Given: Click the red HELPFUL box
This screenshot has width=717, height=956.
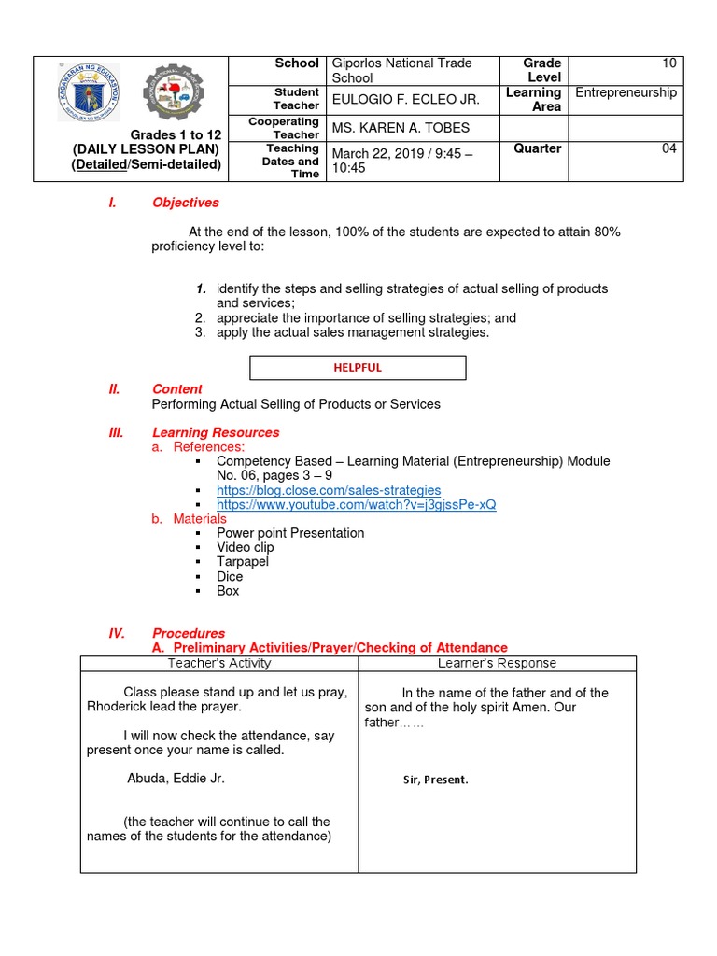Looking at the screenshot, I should [x=358, y=367].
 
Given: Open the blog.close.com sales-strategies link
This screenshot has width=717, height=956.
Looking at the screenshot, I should [x=329, y=490].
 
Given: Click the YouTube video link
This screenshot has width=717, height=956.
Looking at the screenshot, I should [x=356, y=505].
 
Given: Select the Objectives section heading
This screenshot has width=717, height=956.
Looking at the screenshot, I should [x=186, y=203].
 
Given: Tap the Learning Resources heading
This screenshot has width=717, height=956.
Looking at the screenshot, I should [x=216, y=432].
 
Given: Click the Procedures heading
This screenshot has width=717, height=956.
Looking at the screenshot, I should [x=189, y=633].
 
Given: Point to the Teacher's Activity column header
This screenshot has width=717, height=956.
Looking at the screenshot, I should [x=219, y=663].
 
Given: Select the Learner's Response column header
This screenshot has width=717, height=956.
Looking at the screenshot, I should [x=497, y=663].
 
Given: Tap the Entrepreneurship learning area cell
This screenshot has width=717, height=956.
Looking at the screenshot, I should [x=626, y=92].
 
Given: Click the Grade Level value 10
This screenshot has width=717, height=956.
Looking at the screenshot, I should [x=668, y=63].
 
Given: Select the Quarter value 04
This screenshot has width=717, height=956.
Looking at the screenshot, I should [x=668, y=148].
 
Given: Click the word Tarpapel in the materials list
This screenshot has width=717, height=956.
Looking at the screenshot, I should [x=243, y=562].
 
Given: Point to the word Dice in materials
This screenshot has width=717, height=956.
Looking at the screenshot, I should [x=230, y=576].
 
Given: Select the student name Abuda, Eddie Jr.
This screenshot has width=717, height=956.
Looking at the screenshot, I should [x=176, y=778].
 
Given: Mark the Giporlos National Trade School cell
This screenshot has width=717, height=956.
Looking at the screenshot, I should [x=401, y=70].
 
